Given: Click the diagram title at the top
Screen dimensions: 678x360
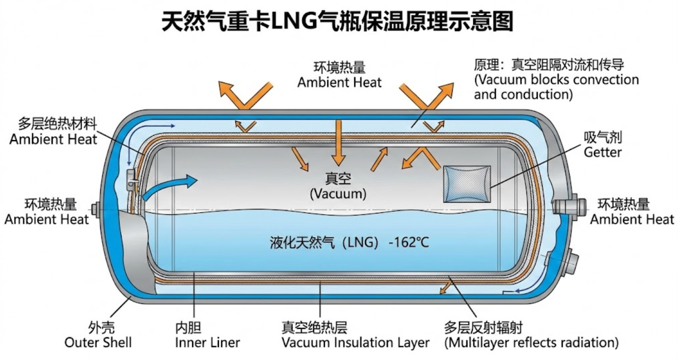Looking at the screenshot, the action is tap(337, 21).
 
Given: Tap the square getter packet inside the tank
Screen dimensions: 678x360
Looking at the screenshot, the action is tap(467, 184).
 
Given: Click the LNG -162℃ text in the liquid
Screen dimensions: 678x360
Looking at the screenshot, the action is tap(349, 242).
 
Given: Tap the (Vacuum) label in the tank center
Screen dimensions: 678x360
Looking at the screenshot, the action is tap(338, 193).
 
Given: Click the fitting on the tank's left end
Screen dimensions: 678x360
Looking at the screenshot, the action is tap(96, 209).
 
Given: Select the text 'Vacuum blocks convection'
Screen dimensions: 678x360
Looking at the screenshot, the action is tap(556, 79).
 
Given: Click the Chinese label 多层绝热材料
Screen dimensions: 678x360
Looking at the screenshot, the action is tap(57, 124).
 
